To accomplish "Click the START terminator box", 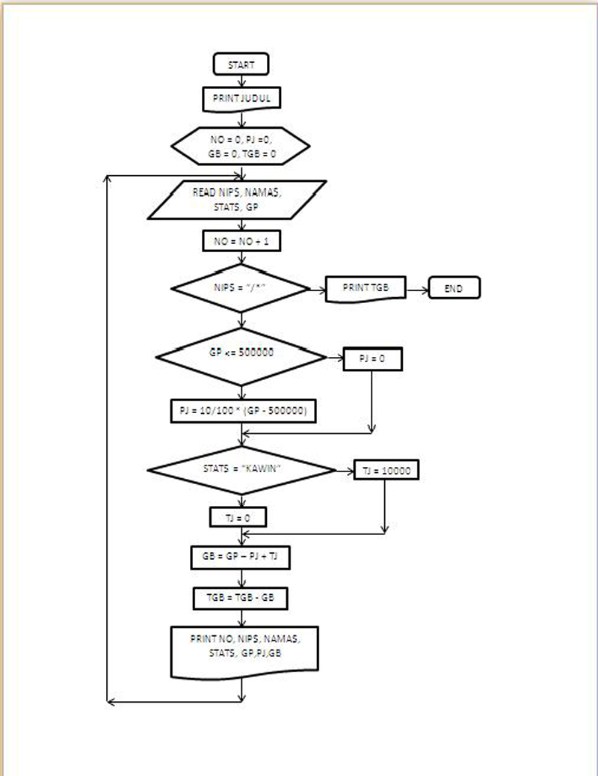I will point(241,64).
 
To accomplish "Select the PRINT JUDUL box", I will point(241,98).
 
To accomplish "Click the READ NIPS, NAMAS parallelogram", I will point(237,200).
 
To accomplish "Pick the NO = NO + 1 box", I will point(241,241).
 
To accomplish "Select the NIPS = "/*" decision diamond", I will point(241,288).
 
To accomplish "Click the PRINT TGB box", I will point(365,288).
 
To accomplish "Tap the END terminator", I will point(454,288).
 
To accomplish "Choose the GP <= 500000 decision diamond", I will point(241,357).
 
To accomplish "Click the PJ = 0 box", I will point(372,359).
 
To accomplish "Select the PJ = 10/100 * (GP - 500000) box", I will point(243,412).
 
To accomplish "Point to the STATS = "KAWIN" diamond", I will point(241,470).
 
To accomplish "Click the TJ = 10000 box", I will point(386,470).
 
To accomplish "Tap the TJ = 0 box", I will point(238,517).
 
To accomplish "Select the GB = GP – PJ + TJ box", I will point(241,557).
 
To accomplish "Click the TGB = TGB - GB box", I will point(241,598).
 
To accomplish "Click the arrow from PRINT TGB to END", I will point(416,288).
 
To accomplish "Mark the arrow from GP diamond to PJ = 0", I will point(334,358).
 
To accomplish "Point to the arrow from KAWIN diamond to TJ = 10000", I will point(345,471).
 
